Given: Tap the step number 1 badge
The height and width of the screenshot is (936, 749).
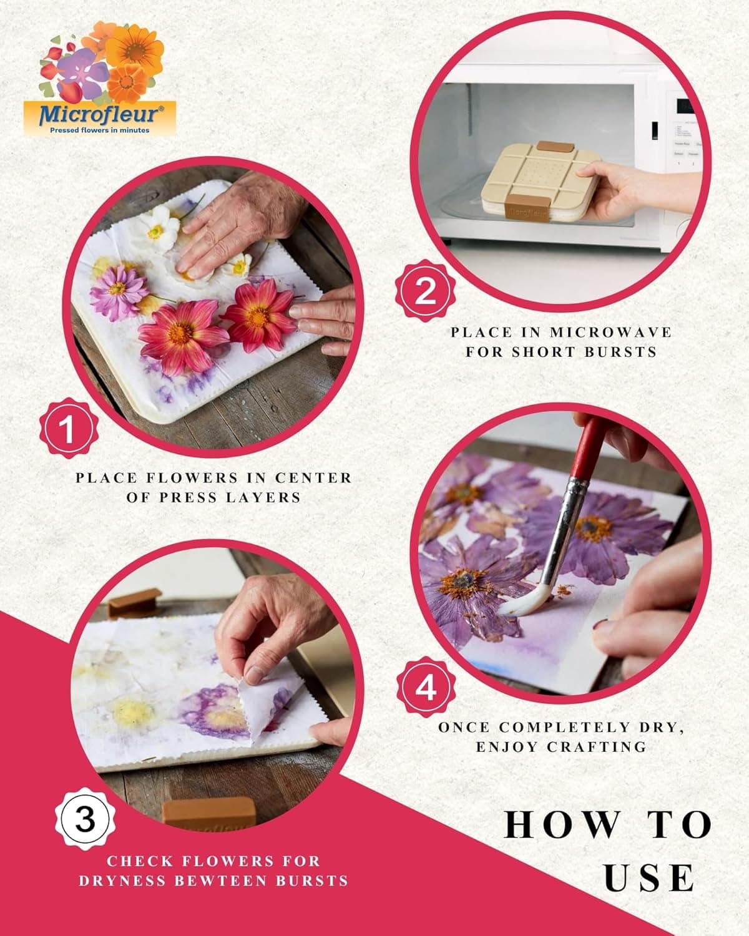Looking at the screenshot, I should [69, 429].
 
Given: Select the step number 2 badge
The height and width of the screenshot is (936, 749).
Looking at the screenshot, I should [425, 291].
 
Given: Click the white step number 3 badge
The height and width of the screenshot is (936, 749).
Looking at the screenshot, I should [85, 819].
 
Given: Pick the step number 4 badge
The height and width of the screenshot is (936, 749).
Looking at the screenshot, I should [426, 689].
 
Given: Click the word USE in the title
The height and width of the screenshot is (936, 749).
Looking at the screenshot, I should [649, 878].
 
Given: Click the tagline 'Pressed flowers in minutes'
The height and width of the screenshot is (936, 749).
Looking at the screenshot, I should [100, 130].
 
